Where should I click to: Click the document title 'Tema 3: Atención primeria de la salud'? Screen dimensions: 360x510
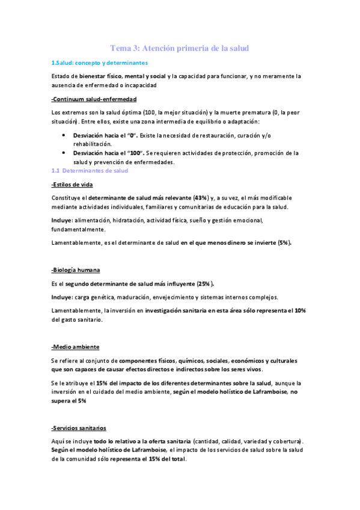180,48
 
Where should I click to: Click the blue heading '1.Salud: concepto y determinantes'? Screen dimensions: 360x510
99,63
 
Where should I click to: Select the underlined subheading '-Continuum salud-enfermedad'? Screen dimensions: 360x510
94,99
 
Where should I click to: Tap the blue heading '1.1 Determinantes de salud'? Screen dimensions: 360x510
90,170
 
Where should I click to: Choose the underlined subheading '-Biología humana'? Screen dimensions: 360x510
76,270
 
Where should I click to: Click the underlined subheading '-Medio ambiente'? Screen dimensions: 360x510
76,347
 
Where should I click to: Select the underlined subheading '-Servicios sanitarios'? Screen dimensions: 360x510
79,428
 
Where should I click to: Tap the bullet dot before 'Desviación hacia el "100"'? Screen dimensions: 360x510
64,153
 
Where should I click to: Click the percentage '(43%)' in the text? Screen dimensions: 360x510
201,197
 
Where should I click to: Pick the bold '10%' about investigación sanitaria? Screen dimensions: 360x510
301,310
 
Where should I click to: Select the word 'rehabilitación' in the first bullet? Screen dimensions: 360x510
93,144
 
